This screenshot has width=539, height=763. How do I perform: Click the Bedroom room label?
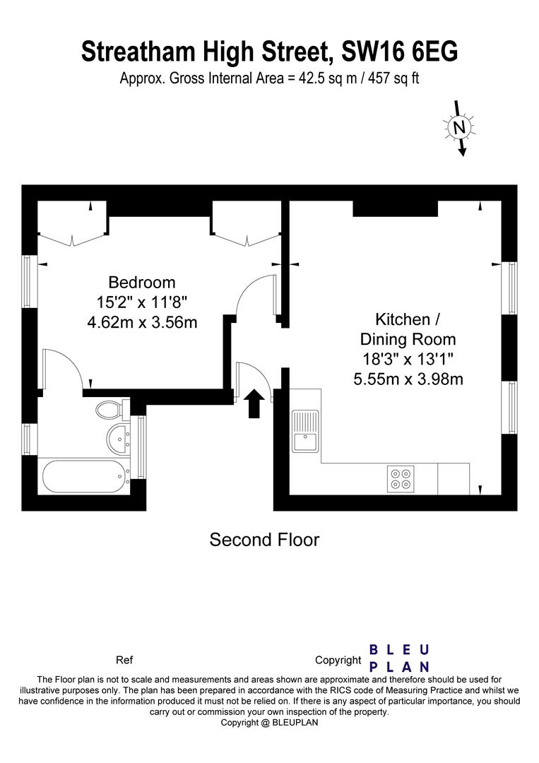pyautogui.click(x=141, y=282)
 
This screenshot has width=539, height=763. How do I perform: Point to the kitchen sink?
pyautogui.click(x=305, y=431)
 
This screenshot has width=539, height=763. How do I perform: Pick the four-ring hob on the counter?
pyautogui.click(x=401, y=479)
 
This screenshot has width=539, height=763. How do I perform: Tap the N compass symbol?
pyautogui.click(x=458, y=128)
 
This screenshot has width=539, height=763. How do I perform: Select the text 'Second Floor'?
pyautogui.click(x=264, y=540)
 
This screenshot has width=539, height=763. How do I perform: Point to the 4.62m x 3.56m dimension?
pyautogui.click(x=141, y=322)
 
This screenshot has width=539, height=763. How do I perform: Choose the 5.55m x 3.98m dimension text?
pyautogui.click(x=408, y=379)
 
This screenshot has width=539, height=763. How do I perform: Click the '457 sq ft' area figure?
pyautogui.click(x=394, y=78)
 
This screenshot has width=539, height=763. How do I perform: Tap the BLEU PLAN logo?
pyautogui.click(x=399, y=658)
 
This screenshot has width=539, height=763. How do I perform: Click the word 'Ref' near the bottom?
pyautogui.click(x=124, y=661)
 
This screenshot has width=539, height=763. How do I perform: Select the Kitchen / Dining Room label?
pyautogui.click(x=408, y=329)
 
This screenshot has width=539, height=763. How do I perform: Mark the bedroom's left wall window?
pyautogui.click(x=30, y=281)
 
